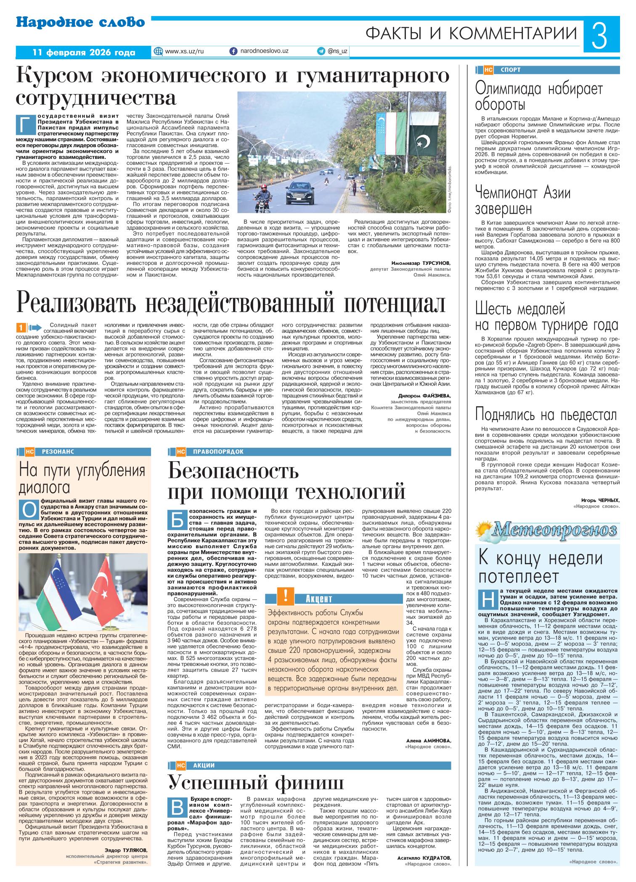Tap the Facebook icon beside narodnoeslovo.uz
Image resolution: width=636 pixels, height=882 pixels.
tap(233, 51)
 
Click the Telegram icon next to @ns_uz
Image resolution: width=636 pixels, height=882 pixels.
tap(321, 51)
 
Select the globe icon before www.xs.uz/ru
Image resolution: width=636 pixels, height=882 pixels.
tap(159, 51)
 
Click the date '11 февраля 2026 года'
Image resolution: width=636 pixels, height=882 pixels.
tap(84, 53)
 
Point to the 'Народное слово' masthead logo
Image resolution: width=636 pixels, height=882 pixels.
tap(81, 23)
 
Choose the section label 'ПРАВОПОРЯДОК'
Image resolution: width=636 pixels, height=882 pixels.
tap(218, 452)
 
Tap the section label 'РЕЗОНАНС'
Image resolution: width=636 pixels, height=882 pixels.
tap(58, 452)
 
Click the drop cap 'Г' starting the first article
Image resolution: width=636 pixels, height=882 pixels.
tap(24, 124)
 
